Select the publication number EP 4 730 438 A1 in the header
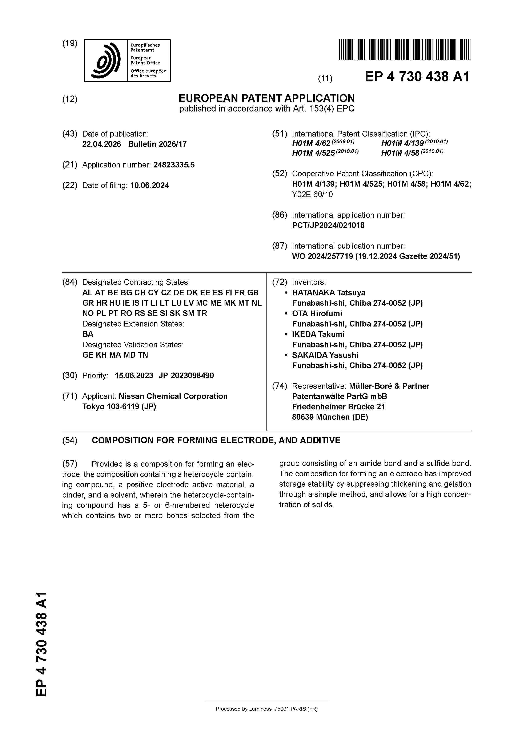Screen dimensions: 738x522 click(x=417, y=77)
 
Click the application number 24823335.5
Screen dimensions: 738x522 click(x=174, y=165)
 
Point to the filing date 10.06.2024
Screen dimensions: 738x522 click(x=150, y=186)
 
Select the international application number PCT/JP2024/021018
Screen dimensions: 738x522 click(x=328, y=225)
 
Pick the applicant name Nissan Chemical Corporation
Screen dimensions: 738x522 click(x=173, y=396)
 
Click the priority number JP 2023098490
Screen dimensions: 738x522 click(x=186, y=376)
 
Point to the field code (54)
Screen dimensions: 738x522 click(x=70, y=440)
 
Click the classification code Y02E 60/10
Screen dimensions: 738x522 click(x=312, y=194)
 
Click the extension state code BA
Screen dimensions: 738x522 click(x=88, y=334)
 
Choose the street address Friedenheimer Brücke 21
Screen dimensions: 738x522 click(x=338, y=407)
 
